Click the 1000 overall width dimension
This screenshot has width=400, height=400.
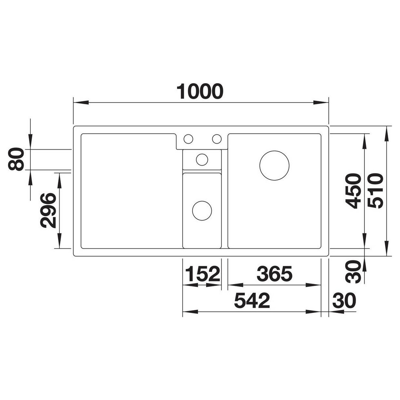coord(200,91)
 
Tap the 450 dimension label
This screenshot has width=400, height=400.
coord(353,191)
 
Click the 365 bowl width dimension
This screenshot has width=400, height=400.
coord(274,273)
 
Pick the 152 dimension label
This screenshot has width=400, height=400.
coord(203,273)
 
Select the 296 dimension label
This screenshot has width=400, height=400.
coord(48,210)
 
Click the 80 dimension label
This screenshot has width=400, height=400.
coord(16,159)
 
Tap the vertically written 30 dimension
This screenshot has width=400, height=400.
coord(353,271)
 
